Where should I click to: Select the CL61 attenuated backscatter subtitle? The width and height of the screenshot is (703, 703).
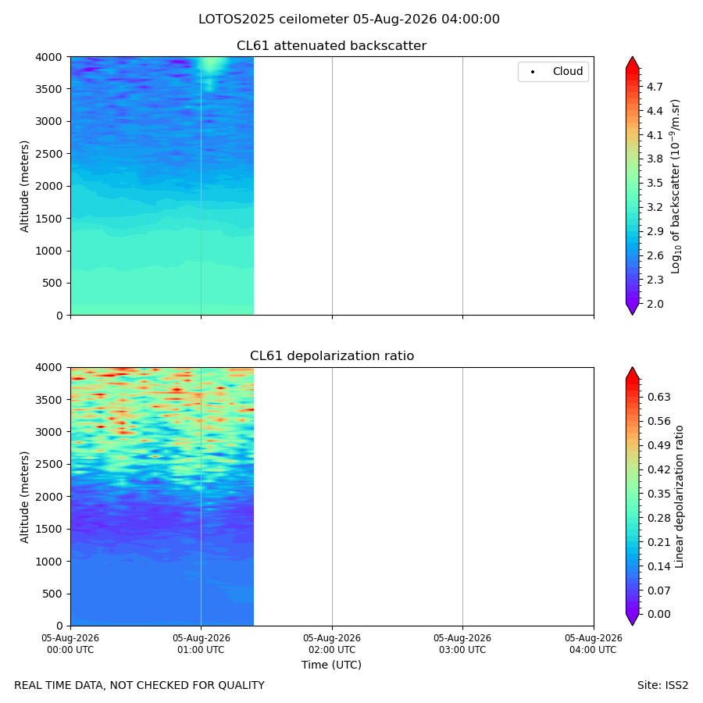click(332, 46)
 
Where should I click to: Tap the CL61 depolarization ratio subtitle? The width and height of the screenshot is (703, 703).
click(332, 356)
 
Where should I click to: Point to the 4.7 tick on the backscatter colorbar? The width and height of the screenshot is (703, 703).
click(655, 87)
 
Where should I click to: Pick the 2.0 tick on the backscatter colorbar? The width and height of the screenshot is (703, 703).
click(655, 304)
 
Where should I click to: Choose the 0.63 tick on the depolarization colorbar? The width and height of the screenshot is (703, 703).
click(659, 397)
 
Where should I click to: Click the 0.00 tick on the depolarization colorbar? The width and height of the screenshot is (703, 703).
click(659, 614)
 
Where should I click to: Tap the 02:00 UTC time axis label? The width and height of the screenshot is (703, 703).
click(332, 644)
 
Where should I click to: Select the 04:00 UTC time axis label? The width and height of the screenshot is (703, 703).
click(593, 644)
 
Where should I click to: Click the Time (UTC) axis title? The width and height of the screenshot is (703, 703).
click(331, 665)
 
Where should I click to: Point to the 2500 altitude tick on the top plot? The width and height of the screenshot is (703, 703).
click(49, 154)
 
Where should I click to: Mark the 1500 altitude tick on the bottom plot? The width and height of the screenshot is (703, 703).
click(49, 529)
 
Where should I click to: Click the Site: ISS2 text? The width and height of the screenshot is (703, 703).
click(662, 686)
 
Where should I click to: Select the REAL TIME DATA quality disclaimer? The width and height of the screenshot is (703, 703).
click(140, 686)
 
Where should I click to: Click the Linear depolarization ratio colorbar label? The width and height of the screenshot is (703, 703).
click(680, 497)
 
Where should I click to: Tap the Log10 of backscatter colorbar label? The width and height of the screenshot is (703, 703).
click(676, 187)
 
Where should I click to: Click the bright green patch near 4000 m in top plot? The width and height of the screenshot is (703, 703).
click(213, 66)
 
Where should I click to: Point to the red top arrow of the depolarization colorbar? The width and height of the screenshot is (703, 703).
click(632, 373)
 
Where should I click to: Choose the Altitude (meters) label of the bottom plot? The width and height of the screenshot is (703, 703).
click(24, 498)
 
